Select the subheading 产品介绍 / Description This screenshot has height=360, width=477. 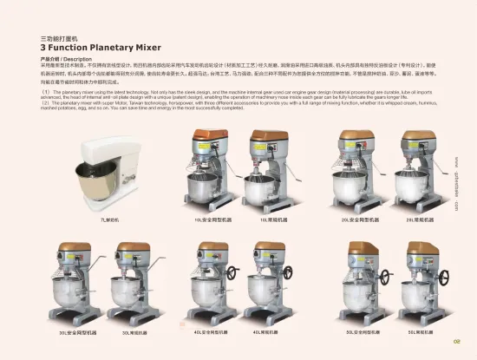(x=66, y=59)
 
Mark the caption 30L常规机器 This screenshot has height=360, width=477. (x=132, y=332)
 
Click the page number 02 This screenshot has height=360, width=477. (x=457, y=339)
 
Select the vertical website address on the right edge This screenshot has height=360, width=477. (x=457, y=182)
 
